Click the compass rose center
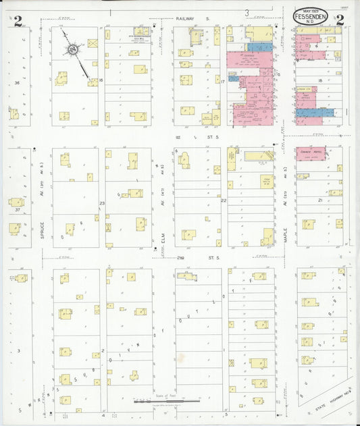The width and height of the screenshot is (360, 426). [72, 49]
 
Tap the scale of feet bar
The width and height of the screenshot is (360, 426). [157, 401]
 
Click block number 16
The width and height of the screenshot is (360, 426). [101, 80]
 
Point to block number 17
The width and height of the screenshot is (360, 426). [222, 81]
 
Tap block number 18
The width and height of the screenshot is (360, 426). [319, 80]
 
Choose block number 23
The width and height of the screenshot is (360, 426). [102, 203]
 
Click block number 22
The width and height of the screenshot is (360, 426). [223, 201]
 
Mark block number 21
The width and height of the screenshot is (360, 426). [319, 201]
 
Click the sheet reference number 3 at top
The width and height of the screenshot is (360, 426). [247, 12]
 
